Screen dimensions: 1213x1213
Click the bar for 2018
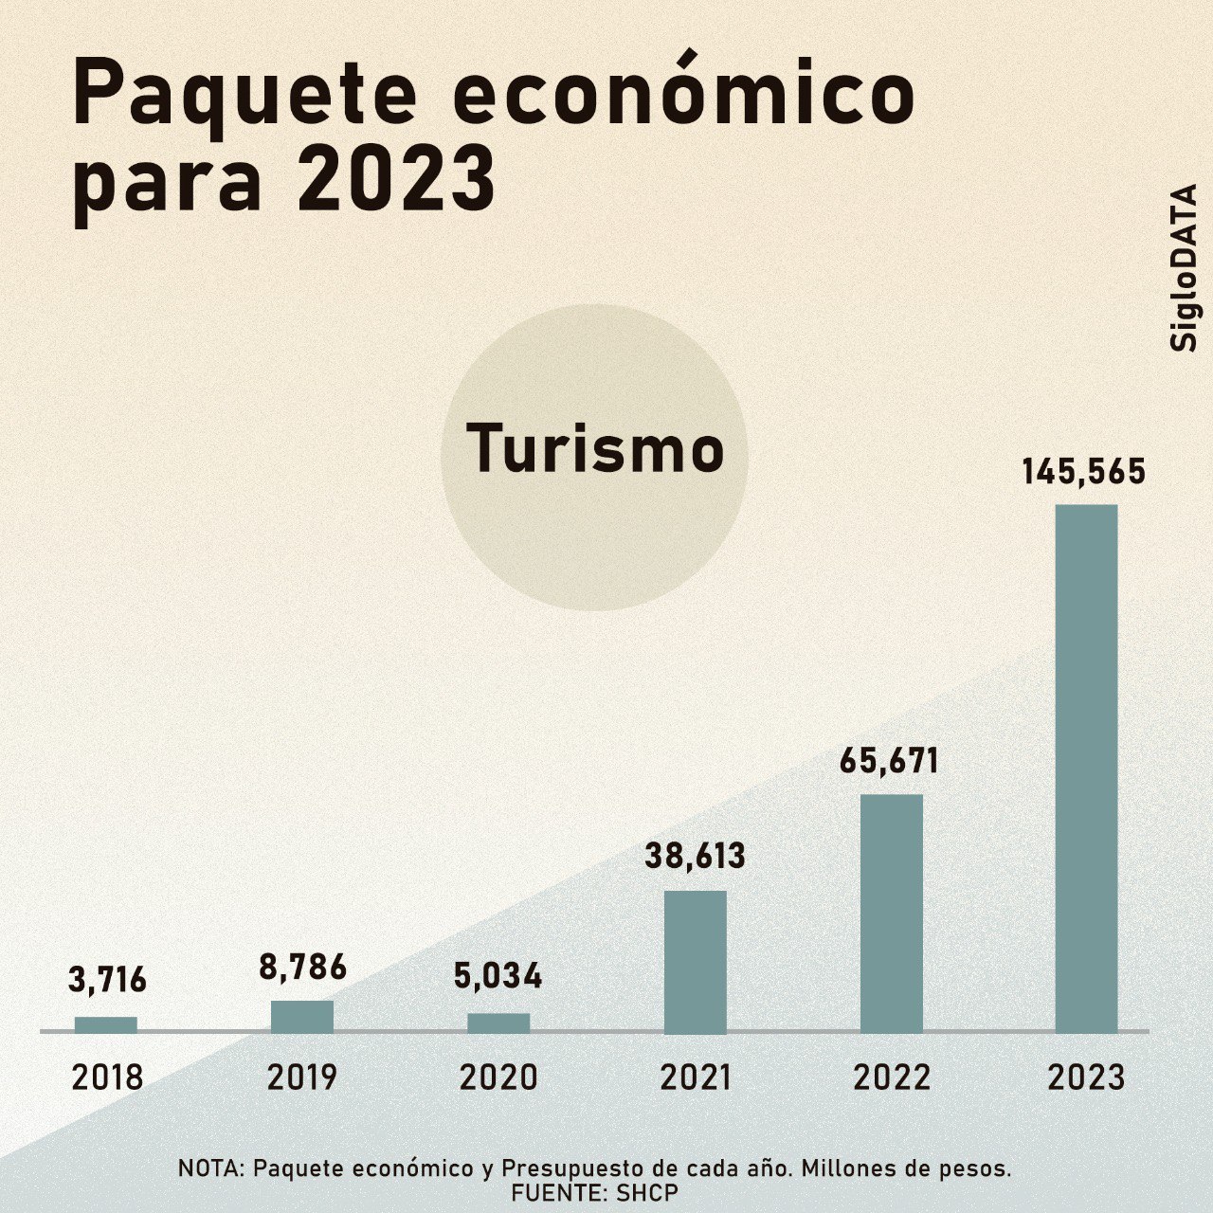tap(106, 1024)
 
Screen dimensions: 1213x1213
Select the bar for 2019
tap(302, 1016)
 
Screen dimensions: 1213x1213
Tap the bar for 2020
tap(498, 1023)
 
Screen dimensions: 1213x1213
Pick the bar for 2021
tap(696, 961)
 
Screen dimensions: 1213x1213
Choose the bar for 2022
tap(892, 913)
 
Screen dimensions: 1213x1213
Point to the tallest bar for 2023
tap(1087, 768)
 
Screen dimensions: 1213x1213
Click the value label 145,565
tap(1084, 472)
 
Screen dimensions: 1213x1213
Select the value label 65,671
tap(889, 761)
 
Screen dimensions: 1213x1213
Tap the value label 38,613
tap(696, 857)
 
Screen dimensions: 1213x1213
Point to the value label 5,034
tap(498, 977)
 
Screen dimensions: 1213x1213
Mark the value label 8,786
tap(303, 968)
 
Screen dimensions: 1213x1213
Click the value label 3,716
tap(107, 980)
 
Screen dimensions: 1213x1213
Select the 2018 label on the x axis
tap(107, 1077)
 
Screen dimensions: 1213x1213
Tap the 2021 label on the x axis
tap(696, 1077)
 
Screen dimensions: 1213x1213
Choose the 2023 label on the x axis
tap(1087, 1077)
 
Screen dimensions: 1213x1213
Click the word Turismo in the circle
tap(595, 449)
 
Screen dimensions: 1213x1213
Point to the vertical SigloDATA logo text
tap(1184, 268)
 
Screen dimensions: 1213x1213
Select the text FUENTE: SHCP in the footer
tap(595, 1192)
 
